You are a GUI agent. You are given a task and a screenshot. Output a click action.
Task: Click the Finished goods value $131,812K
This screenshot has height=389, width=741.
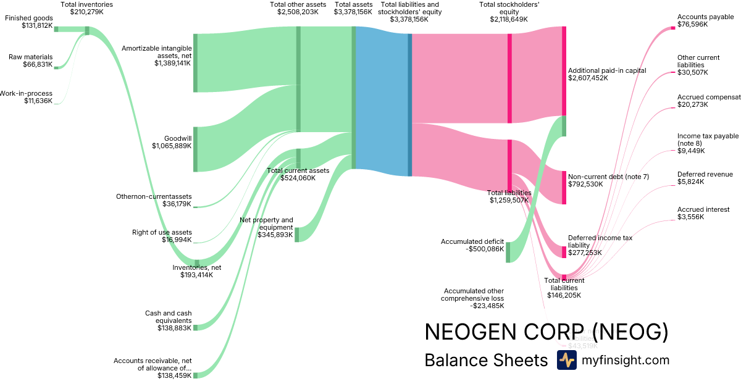[x=29, y=26]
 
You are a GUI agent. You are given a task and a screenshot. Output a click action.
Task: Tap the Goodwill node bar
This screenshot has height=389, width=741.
[x=195, y=149]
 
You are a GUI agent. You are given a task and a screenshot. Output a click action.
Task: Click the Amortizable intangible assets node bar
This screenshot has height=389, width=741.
[x=195, y=63]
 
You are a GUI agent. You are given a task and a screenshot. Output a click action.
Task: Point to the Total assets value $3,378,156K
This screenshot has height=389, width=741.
[x=353, y=12]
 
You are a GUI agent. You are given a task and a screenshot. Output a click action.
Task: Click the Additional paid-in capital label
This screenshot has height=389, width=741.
[x=607, y=70]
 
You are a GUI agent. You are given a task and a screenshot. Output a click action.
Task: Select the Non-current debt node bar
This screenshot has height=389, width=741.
[x=564, y=188]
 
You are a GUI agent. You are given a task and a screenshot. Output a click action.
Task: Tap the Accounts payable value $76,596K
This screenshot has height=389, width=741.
[x=693, y=25]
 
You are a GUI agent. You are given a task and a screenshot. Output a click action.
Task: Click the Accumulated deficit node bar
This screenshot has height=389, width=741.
[x=508, y=252]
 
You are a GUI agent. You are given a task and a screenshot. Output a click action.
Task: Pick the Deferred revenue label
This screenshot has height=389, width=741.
[x=705, y=174]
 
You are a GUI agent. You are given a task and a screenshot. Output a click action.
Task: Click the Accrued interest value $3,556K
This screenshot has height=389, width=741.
[x=690, y=217]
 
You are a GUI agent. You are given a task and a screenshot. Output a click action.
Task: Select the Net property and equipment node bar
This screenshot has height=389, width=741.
[x=296, y=235]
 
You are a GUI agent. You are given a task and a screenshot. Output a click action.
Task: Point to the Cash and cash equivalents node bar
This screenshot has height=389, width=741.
[x=195, y=327]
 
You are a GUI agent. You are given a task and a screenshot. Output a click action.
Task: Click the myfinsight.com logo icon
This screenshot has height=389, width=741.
[x=566, y=360]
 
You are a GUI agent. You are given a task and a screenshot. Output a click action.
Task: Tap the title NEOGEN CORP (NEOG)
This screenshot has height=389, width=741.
[x=546, y=332]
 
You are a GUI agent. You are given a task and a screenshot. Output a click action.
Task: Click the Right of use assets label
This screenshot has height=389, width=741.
[x=162, y=232]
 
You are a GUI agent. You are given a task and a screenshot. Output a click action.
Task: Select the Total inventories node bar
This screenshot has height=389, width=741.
[x=87, y=30]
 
